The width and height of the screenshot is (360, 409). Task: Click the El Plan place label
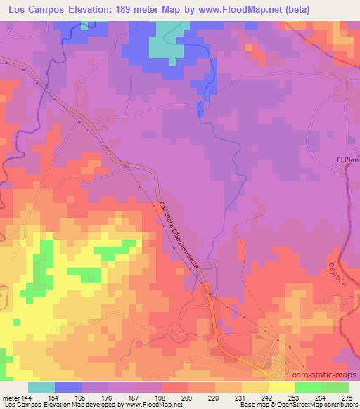pyautogui.click(x=347, y=160)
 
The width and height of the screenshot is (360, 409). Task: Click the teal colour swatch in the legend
pyautogui.click(x=41, y=387)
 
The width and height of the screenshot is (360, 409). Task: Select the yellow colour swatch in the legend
pyautogui.click(x=281, y=387)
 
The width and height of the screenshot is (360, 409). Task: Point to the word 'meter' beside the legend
pyautogui.click(x=9, y=397)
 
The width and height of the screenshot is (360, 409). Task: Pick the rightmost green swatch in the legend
pyautogui.click(x=335, y=387)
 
